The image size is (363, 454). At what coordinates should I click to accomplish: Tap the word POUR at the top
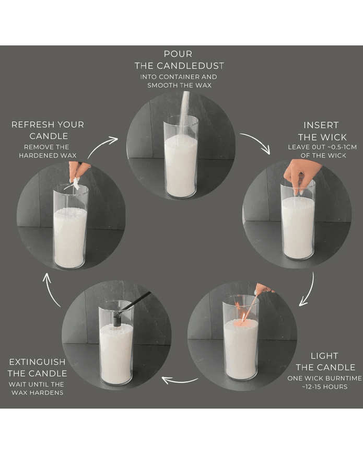pos(178,54)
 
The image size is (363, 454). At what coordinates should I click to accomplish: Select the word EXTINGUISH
pos(37,362)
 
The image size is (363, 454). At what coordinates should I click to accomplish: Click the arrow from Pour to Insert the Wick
pos(255,143)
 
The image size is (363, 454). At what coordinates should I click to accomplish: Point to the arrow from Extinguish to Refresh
pos(52,289)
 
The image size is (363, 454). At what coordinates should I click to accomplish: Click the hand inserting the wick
pos(300,172)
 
